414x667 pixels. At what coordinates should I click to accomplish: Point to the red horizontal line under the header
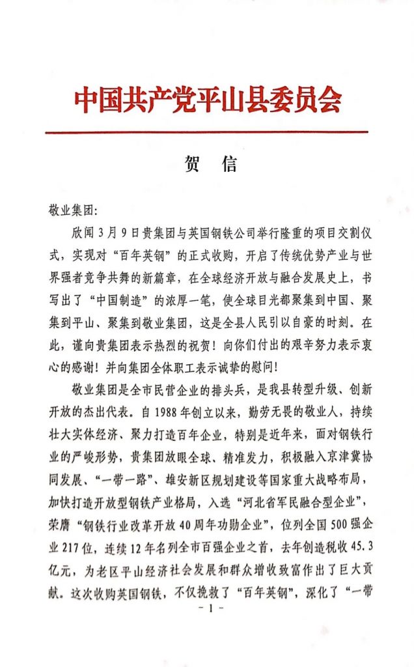click(x=207, y=132)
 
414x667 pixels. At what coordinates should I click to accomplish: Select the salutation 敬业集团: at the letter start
click(x=72, y=211)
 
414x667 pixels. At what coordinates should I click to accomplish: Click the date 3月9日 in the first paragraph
click(x=117, y=233)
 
